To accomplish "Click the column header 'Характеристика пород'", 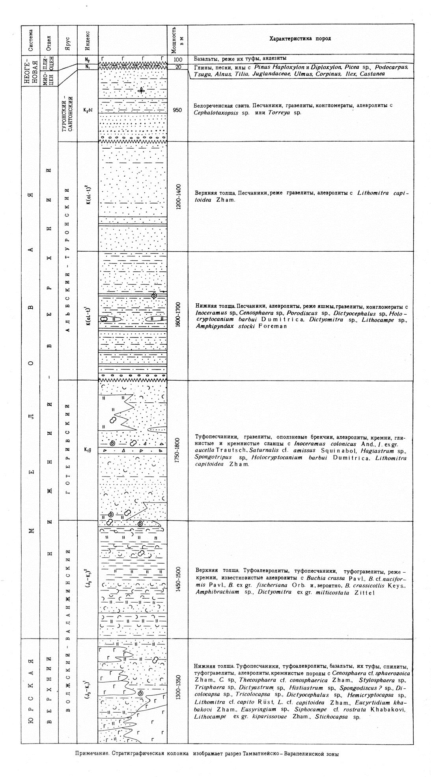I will tap(300, 39).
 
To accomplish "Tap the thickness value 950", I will tap(177, 110).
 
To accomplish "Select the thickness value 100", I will tap(177, 60).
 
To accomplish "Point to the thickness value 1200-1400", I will tap(177, 196).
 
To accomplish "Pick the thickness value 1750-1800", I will tap(177, 450).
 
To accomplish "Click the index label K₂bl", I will tap(88, 110).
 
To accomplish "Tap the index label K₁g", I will tap(88, 449).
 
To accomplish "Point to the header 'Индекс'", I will tap(88, 39).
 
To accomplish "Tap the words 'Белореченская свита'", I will tap(217, 106).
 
